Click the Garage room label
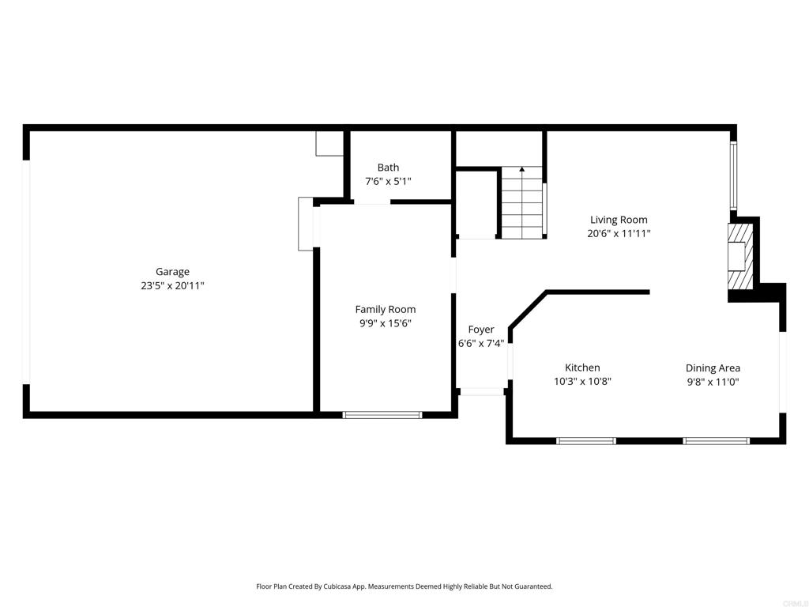[172, 272]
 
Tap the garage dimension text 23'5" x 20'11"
[172, 286]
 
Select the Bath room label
[388, 168]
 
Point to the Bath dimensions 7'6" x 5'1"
[388, 181]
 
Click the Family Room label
[385, 309]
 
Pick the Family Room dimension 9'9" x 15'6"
[385, 323]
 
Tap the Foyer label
[481, 330]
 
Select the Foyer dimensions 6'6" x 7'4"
[481, 343]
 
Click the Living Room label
[619, 220]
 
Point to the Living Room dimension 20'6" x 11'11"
[619, 233]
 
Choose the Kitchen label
[582, 368]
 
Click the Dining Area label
[713, 368]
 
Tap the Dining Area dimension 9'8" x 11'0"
[713, 382]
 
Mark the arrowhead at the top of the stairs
[521, 169]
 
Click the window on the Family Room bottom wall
[382, 414]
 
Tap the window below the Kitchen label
[586, 440]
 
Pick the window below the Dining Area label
[716, 440]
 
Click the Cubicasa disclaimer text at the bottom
[404, 586]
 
